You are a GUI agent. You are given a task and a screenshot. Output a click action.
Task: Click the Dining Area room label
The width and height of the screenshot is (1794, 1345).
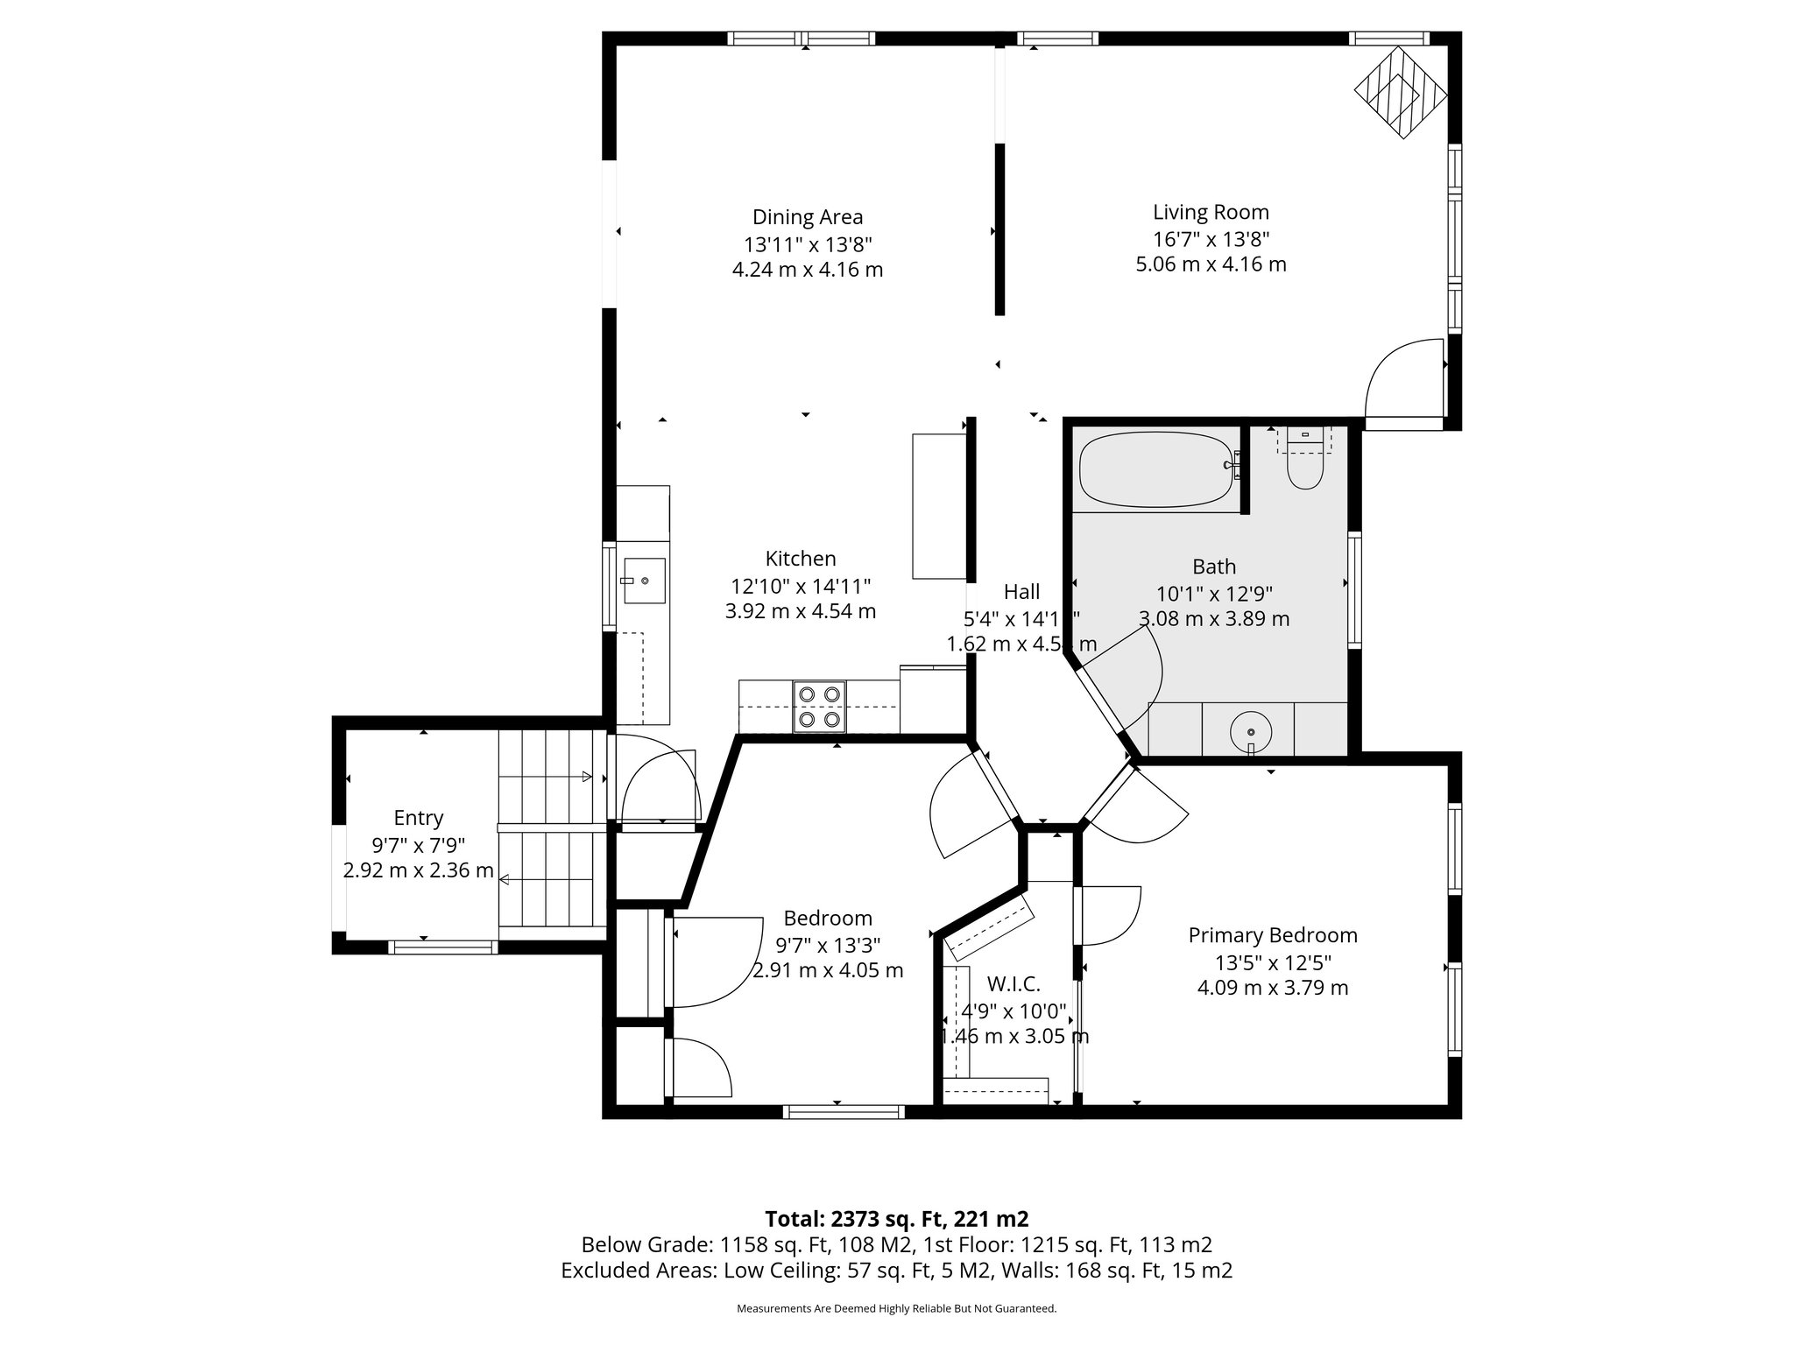tap(807, 217)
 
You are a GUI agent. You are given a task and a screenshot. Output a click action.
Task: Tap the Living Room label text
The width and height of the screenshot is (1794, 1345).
tap(1211, 212)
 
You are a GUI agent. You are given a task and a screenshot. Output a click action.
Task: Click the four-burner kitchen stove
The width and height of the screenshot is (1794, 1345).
tap(820, 707)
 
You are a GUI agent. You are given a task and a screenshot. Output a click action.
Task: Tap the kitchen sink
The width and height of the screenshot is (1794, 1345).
tap(642, 581)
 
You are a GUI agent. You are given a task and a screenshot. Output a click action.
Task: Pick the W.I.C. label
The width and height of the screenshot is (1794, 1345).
tap(1014, 984)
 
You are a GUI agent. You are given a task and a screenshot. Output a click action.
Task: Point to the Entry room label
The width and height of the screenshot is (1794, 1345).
tap(418, 818)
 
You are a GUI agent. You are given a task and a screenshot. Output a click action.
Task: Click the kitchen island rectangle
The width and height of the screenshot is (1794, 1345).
tap(938, 505)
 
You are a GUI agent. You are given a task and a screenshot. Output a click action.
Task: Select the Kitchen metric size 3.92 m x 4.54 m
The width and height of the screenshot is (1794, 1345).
tap(800, 611)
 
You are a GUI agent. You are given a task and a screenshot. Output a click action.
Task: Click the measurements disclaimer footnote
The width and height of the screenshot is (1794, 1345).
tap(896, 1308)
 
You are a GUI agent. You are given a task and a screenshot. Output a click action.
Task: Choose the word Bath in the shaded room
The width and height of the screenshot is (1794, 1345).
tap(1213, 567)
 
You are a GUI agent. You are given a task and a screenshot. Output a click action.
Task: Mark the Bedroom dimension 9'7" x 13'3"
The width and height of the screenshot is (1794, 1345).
tap(828, 945)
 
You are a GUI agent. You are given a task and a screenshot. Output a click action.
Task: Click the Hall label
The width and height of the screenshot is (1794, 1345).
tap(1021, 591)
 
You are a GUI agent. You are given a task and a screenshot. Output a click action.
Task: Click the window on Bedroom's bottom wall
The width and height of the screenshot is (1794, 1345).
tap(844, 1112)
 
